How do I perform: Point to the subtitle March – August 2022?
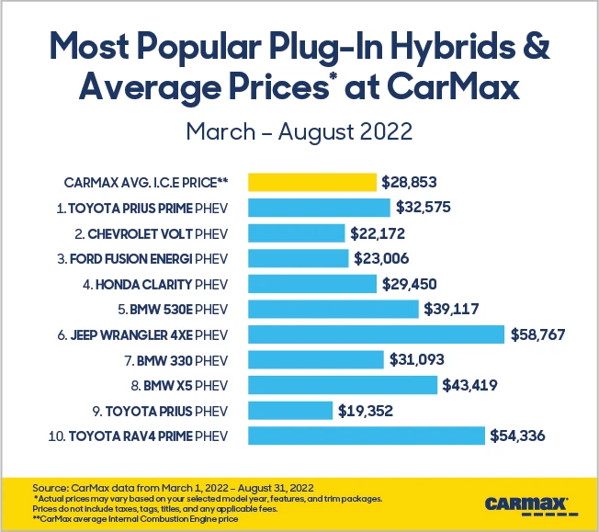299,130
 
